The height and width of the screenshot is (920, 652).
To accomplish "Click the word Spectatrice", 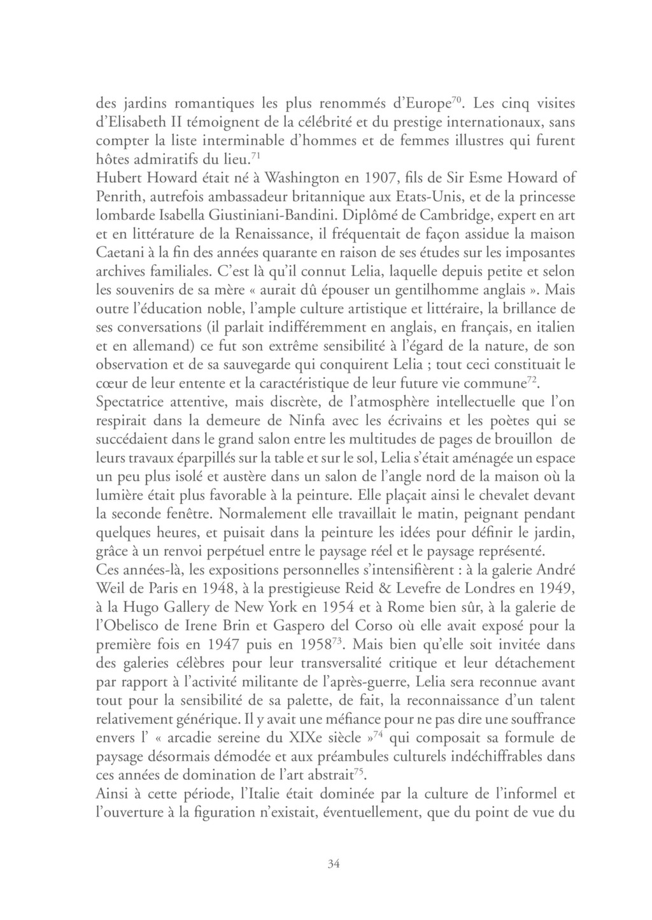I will pyautogui.click(x=131, y=402).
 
